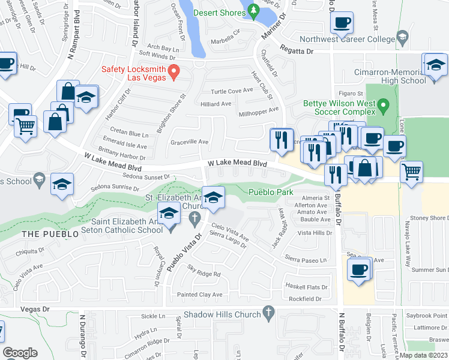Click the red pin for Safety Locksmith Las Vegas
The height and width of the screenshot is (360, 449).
tap(173, 72)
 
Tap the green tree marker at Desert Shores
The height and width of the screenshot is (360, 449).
tap(253, 10)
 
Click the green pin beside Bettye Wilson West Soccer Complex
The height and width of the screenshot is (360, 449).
tap(386, 108)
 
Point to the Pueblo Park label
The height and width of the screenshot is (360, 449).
tap(271, 192)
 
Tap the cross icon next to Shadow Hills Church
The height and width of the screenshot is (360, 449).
tap(268, 314)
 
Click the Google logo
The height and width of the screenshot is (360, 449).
tap(20, 353)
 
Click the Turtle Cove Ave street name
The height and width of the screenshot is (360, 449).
tap(231, 91)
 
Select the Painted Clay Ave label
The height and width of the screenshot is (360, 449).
tap(199, 295)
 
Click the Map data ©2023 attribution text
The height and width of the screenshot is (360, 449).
tap(423, 355)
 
